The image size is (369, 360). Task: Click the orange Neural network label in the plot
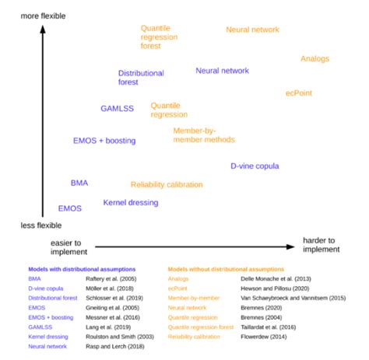click(252, 30)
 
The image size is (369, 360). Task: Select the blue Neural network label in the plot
click(222, 71)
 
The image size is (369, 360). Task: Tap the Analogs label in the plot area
click(315, 59)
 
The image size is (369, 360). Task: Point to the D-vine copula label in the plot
click(255, 166)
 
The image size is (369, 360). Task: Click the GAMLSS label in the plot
click(117, 109)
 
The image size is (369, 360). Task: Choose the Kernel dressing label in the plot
click(130, 202)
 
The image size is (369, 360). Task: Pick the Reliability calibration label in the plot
click(167, 184)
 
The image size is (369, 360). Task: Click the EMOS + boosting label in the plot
click(104, 141)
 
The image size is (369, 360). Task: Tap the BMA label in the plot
click(79, 183)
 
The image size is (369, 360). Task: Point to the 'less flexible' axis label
click(41, 225)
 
